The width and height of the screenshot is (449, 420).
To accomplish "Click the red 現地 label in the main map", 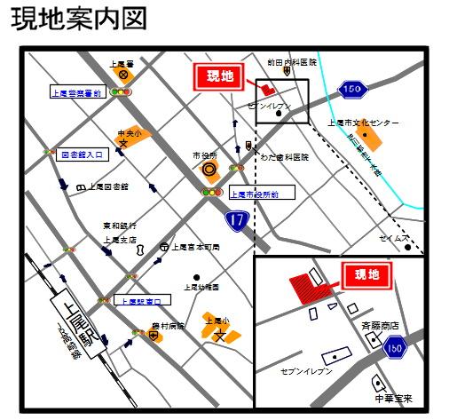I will tap(216, 77).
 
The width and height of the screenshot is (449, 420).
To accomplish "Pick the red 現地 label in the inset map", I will tap(366, 276).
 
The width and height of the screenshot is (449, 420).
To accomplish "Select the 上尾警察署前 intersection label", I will tap(77, 91).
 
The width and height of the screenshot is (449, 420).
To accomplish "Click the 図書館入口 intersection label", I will tap(83, 154).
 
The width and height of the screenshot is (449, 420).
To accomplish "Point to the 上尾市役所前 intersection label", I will tap(254, 194).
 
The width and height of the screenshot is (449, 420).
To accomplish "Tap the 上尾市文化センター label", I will tap(363, 123).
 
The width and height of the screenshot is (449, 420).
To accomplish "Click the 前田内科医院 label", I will tap(292, 63).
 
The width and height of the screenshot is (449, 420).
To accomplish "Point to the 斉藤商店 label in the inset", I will tap(380, 327).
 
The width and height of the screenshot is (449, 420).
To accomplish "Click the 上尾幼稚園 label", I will tap(201, 288).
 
